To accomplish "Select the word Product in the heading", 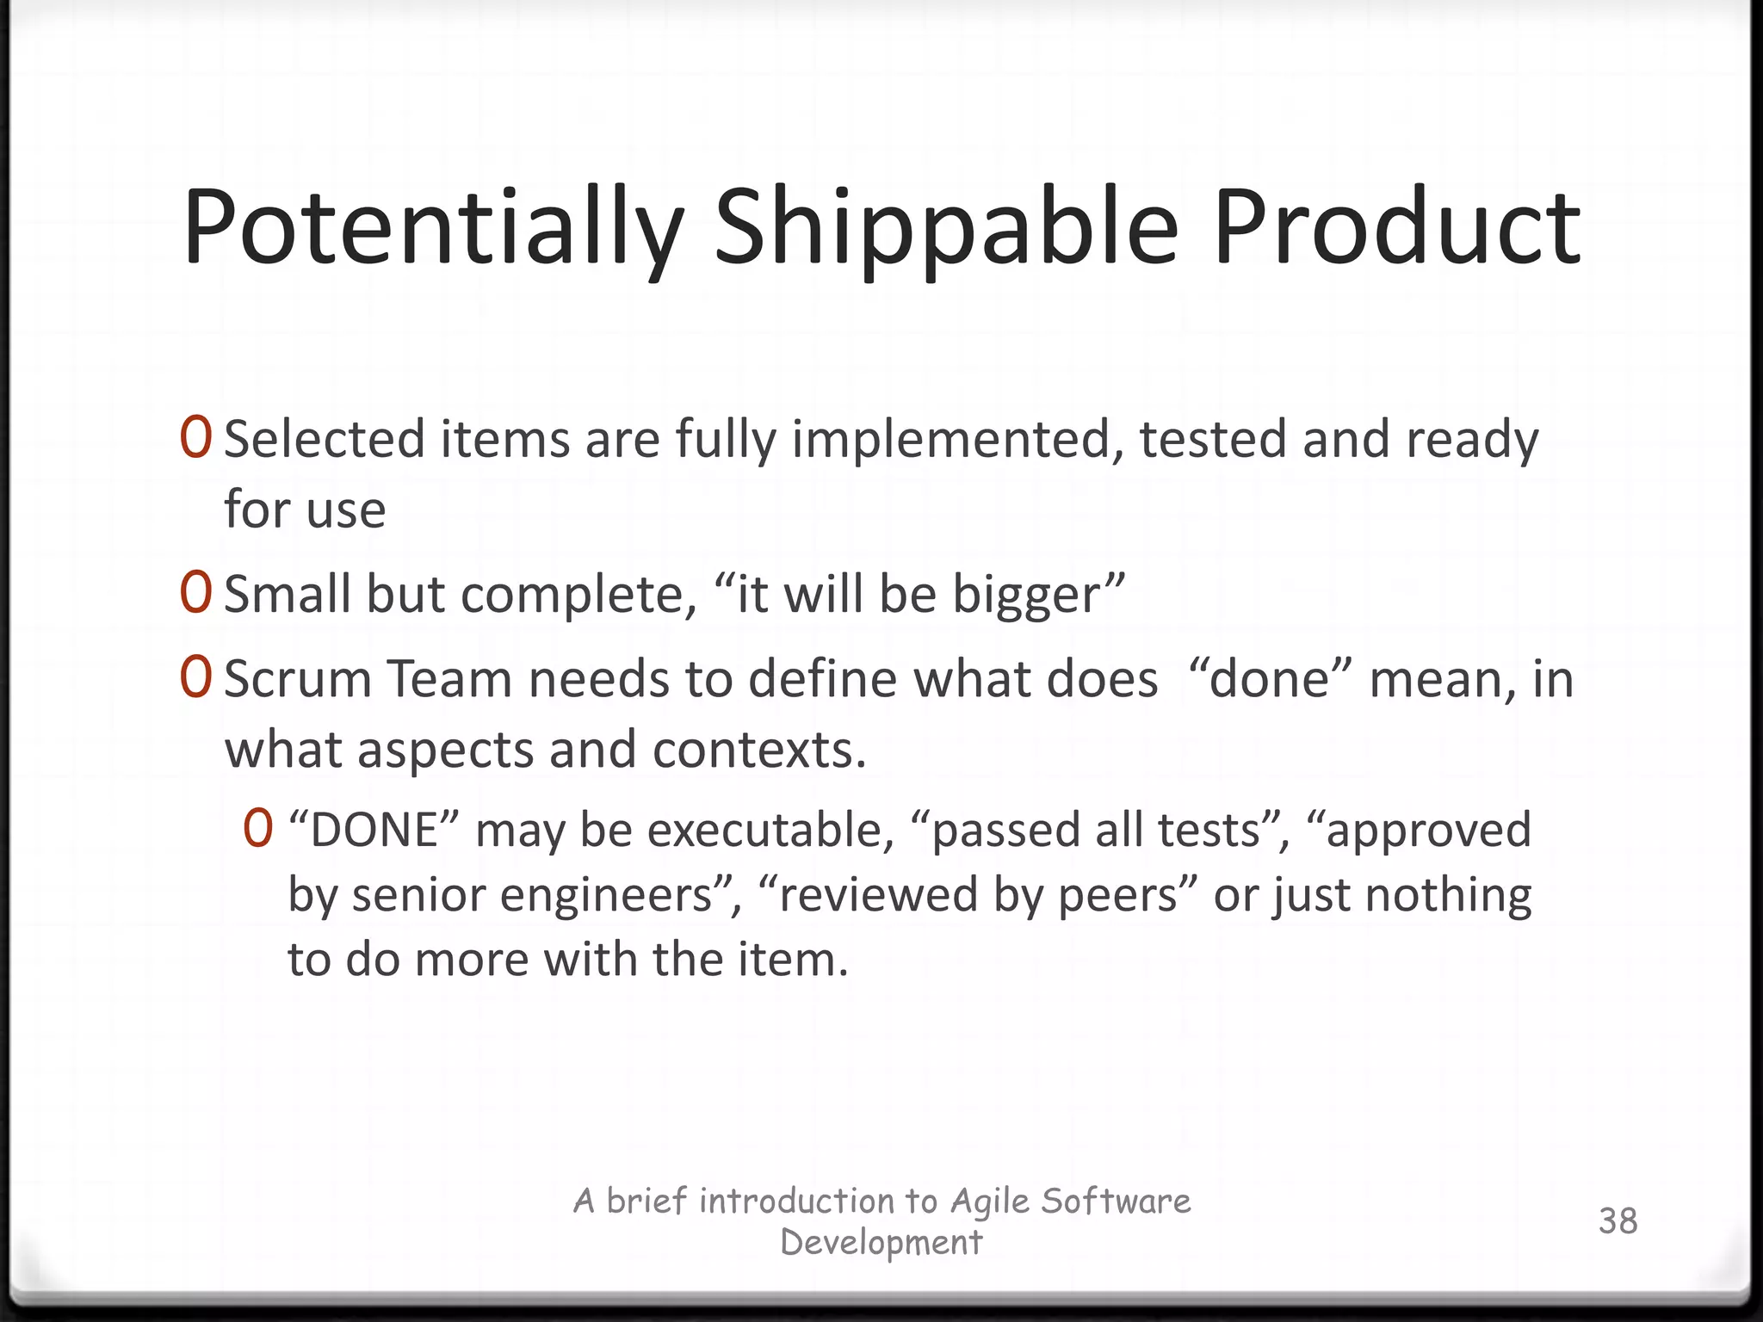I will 1395,227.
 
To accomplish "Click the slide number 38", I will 1618,1220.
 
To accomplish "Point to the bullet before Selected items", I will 196,438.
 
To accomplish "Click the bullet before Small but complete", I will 196,593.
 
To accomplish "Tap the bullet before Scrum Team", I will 196,678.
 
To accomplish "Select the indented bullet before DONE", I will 258,830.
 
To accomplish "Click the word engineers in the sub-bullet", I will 607,895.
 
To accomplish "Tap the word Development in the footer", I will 881,1242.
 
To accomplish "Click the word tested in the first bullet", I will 1213,439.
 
